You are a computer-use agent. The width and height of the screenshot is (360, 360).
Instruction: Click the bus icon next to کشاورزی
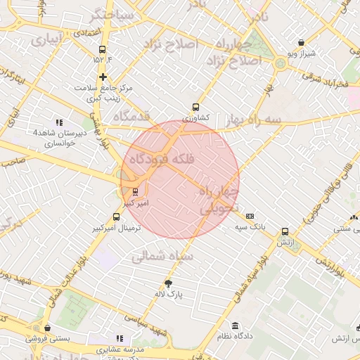195,108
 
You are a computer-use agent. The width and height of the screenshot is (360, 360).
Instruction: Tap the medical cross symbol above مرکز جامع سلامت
103,77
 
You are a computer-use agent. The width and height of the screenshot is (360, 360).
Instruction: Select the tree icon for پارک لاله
168,283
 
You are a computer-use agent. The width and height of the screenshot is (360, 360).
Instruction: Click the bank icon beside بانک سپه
250,216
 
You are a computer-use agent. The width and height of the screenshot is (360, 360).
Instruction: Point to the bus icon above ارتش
285,231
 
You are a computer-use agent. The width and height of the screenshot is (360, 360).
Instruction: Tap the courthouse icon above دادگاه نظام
235,326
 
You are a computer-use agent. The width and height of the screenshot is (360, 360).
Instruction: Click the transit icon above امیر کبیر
135,191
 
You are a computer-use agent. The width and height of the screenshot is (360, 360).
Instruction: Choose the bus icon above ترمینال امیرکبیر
116,217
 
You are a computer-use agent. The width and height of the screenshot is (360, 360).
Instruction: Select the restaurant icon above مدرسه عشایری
119,338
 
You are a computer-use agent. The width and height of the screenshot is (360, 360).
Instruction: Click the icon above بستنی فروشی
47,328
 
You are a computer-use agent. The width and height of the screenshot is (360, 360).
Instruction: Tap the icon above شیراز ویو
302,42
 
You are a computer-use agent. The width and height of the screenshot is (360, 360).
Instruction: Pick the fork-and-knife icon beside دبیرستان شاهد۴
59,122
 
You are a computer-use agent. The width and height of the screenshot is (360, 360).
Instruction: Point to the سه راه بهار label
259,121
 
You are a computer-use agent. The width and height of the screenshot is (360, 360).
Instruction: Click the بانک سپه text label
250,226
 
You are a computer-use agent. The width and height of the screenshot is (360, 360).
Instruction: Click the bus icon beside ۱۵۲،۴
103,49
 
